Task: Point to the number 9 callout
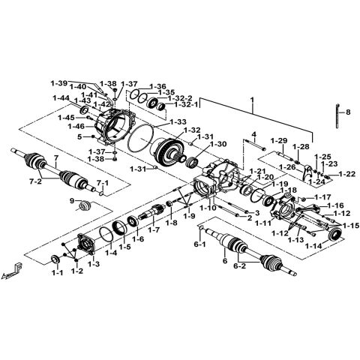[x=72, y=201]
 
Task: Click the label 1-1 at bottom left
[x=57, y=274]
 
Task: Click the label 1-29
[x=279, y=141]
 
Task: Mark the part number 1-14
[x=314, y=246]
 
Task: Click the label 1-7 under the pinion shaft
[x=154, y=229]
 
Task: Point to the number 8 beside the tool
[x=347, y=112]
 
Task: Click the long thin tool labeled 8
[x=334, y=114]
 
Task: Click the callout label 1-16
[x=334, y=205]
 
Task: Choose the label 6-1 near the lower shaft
[x=199, y=245]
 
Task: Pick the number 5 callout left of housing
[x=79, y=136]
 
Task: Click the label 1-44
[x=61, y=97]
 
